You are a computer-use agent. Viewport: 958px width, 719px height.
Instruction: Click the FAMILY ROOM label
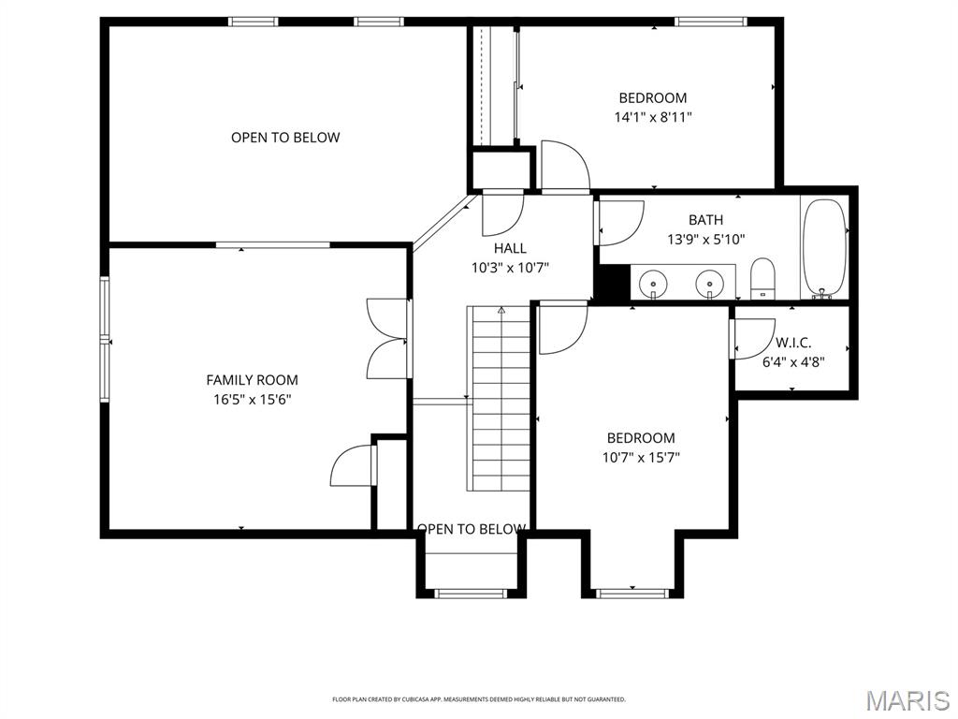tap(252, 380)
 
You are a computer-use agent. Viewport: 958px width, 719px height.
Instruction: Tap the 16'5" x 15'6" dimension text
tap(252, 399)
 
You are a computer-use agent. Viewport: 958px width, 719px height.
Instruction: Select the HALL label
tap(510, 248)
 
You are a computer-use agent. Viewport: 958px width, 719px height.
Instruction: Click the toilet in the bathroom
tap(762, 278)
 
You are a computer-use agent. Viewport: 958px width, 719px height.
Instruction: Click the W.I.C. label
tap(793, 343)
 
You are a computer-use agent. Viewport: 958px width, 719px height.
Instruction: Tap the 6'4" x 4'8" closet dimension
tap(793, 360)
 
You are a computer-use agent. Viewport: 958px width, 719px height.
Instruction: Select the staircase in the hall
tap(500, 398)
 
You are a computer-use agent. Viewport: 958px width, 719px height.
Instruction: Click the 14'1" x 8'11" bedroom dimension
tap(653, 117)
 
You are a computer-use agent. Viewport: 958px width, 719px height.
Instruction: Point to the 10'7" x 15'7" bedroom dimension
tap(641, 458)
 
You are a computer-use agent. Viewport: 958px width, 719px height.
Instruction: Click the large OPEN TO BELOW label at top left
tap(285, 138)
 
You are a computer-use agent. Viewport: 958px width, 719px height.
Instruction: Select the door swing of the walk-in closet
tap(747, 340)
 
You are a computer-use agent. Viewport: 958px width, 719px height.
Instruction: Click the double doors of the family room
tap(387, 338)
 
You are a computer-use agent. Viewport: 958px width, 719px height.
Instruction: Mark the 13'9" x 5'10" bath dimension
tap(705, 239)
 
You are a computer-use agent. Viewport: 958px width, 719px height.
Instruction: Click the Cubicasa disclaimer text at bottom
tap(479, 699)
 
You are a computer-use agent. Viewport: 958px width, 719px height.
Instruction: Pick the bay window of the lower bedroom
tap(632, 591)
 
